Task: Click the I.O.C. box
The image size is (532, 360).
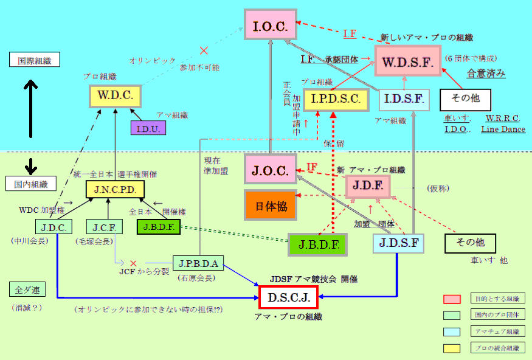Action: [270, 25]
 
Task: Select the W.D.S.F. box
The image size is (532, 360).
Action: [407, 60]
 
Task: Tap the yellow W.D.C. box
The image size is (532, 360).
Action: [116, 95]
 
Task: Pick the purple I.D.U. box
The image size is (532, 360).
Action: [148, 128]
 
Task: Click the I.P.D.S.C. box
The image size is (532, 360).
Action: [336, 99]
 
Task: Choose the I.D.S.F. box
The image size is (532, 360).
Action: [404, 99]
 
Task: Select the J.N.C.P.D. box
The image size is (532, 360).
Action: [116, 189]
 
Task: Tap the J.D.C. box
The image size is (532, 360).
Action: [54, 227]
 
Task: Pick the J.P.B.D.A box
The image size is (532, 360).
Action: [199, 263]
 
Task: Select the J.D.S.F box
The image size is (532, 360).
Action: [398, 243]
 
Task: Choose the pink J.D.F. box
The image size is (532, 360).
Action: [367, 186]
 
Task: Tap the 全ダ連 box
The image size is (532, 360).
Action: [27, 288]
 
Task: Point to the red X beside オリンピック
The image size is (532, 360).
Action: [203, 50]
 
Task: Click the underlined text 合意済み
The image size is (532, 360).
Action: [486, 74]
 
